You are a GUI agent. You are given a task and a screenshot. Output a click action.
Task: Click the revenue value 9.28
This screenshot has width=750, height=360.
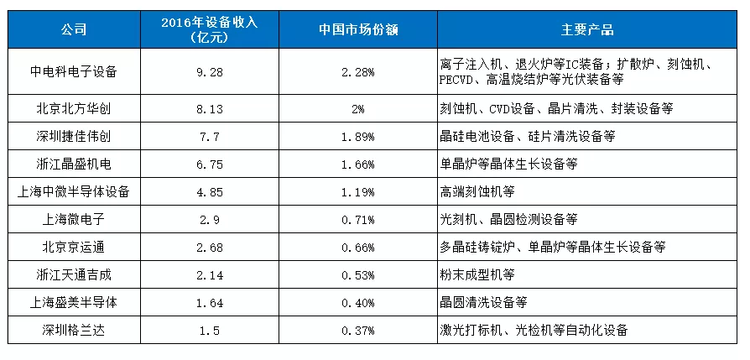pos(219,72)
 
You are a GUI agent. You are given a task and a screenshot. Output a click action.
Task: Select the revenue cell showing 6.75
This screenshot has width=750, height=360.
pos(219,164)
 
